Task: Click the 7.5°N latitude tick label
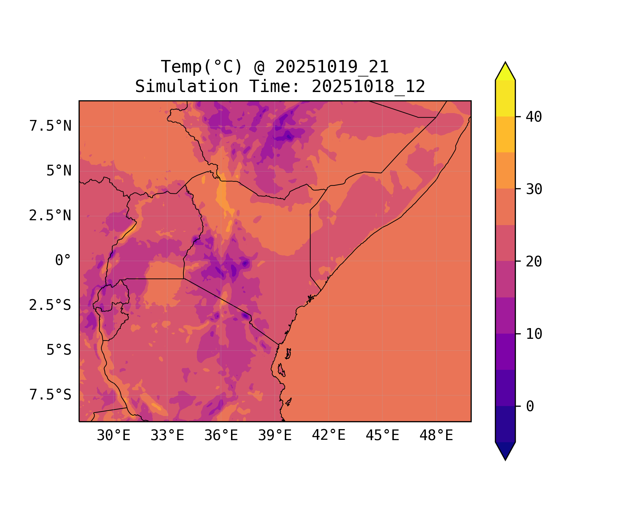50,126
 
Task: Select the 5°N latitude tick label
59,171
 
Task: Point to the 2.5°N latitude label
50,216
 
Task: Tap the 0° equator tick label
63,261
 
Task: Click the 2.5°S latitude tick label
50,305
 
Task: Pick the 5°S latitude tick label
59,350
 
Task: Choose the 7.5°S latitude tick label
50,395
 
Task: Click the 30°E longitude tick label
113,436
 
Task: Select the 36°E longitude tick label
221,436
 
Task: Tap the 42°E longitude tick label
329,436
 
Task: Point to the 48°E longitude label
436,436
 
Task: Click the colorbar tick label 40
534,117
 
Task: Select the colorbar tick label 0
530,406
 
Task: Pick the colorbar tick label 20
534,262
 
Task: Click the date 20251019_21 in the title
332,67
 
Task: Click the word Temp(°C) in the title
202,67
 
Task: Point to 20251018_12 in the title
368,87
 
